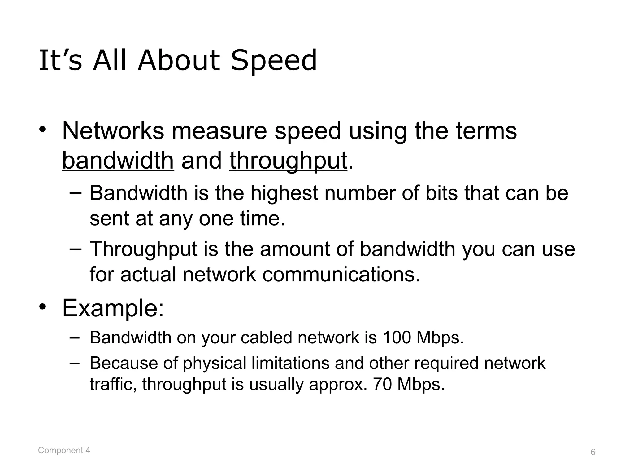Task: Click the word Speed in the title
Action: (x=274, y=61)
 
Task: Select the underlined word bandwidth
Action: (x=118, y=161)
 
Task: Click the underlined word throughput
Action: (x=288, y=161)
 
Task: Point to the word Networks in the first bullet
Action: (x=113, y=131)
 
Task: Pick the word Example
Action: (x=113, y=308)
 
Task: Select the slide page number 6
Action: (x=593, y=452)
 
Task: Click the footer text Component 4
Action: (x=64, y=450)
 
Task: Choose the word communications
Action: (x=341, y=274)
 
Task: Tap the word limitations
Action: (x=290, y=363)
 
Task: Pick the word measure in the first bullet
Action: (x=219, y=131)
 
